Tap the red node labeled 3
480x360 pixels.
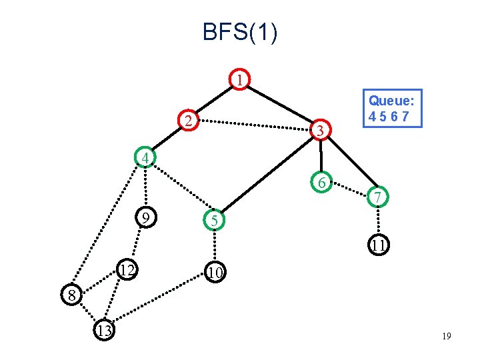point(321,131)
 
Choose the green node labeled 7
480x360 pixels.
point(377,197)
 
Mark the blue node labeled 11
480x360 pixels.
point(378,245)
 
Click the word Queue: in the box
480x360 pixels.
point(392,101)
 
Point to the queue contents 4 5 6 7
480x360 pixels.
point(392,116)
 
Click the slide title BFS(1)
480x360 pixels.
point(240,32)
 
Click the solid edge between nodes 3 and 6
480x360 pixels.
point(321,157)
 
